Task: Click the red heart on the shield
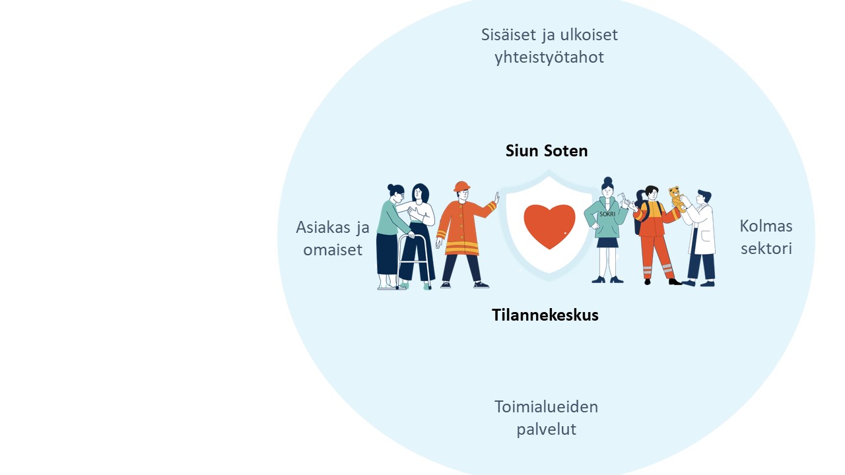coord(550,226)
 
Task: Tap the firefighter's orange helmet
coord(461,186)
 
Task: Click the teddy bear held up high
coord(677,199)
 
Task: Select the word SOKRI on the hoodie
coord(607,214)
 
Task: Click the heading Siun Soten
coord(547,151)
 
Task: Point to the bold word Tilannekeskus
coord(545,315)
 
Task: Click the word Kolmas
coord(766,226)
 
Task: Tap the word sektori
coord(766,249)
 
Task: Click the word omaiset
coord(333,249)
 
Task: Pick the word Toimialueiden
coord(546,407)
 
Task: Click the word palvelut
coord(546,429)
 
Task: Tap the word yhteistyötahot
coord(549,57)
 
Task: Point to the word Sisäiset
coord(509,35)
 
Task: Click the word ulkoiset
coord(589,35)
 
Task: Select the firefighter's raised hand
coord(497,198)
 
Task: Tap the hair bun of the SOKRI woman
coord(608,181)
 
